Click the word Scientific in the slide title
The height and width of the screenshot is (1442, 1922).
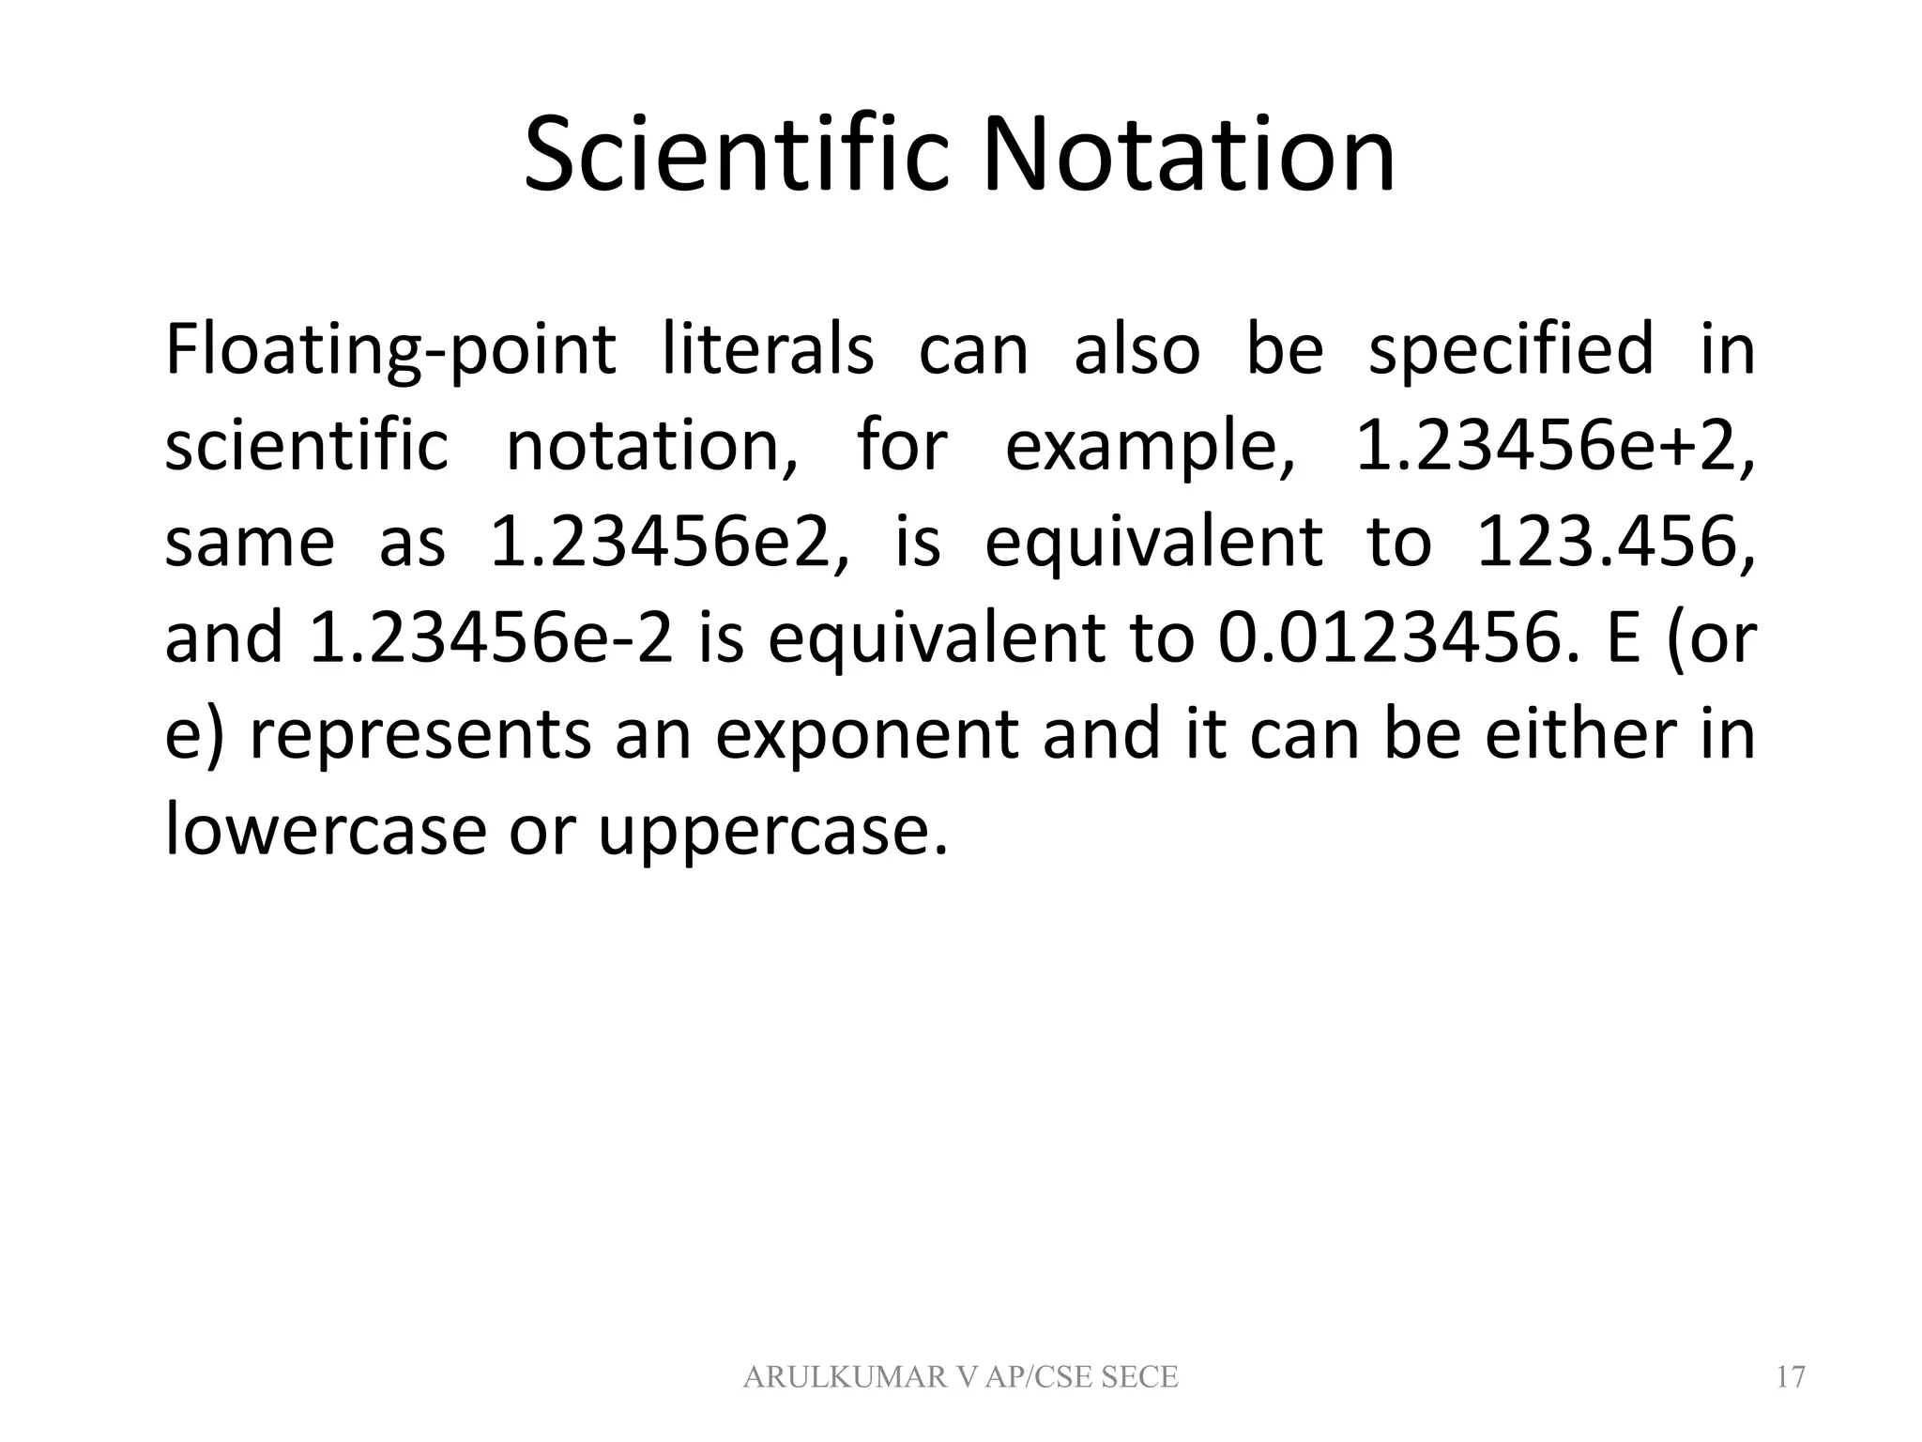(x=740, y=155)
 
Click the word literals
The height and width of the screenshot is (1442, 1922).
(x=768, y=349)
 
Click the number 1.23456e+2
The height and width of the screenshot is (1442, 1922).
(x=1553, y=447)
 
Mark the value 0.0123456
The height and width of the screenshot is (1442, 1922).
(x=1385, y=639)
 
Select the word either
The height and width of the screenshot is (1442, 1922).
(x=1579, y=735)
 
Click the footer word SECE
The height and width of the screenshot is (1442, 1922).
(x=1138, y=1377)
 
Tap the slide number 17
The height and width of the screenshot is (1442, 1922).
(x=1791, y=1377)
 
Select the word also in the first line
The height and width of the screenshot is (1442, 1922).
(x=1136, y=349)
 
